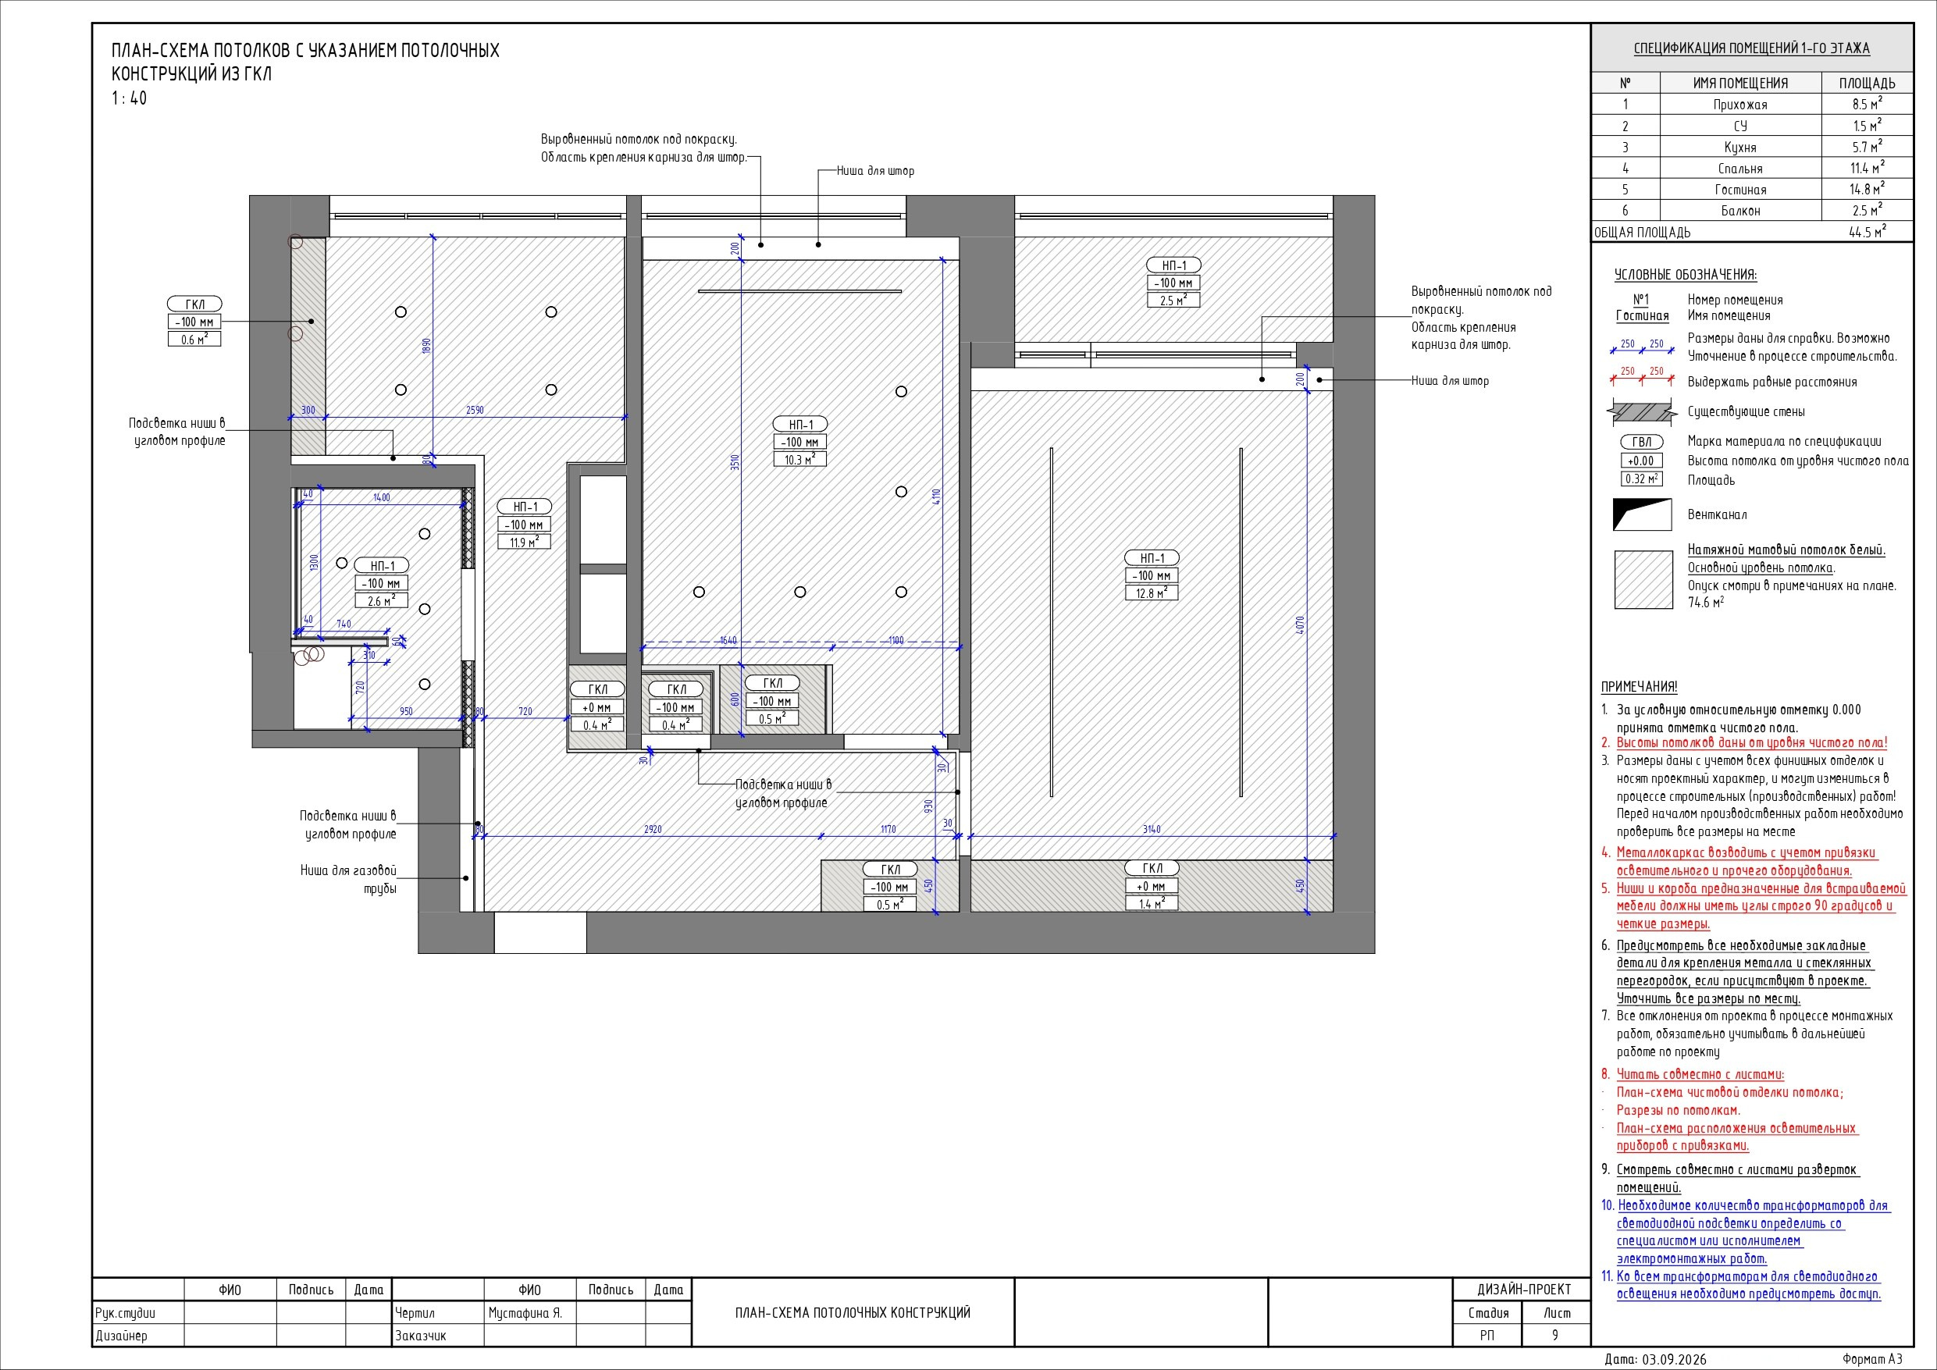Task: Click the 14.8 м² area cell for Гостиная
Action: pyautogui.click(x=1865, y=189)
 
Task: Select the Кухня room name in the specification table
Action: pyautogui.click(x=1740, y=147)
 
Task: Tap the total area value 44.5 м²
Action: pyautogui.click(x=1867, y=232)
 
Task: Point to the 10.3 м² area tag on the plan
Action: pyautogui.click(x=799, y=460)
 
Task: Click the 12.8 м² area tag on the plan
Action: pyautogui.click(x=1152, y=593)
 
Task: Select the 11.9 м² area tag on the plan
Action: pyautogui.click(x=525, y=542)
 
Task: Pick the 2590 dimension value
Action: pyautogui.click(x=475, y=410)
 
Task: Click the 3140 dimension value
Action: pyautogui.click(x=1152, y=829)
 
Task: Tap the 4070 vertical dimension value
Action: pyautogui.click(x=1300, y=625)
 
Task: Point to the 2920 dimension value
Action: pyautogui.click(x=653, y=829)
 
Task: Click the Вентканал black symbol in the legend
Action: pyautogui.click(x=1642, y=514)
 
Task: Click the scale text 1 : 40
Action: pyautogui.click(x=129, y=98)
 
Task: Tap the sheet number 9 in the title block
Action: pyautogui.click(x=1556, y=1335)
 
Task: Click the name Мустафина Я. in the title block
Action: pyautogui.click(x=525, y=1314)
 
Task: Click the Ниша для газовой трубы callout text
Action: pyautogui.click(x=348, y=879)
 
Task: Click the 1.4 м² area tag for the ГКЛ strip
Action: pyautogui.click(x=1152, y=904)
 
